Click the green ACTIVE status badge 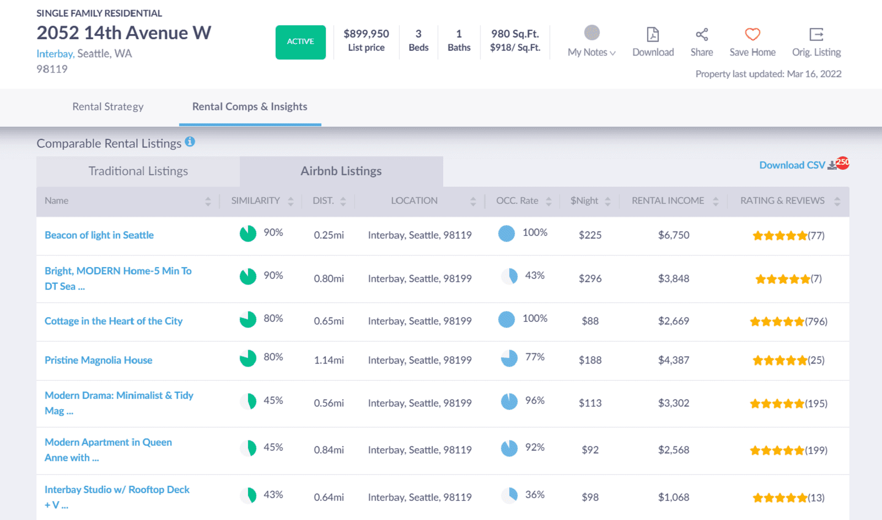tap(300, 42)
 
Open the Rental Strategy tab tap(108, 107)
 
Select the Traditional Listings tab tap(138, 171)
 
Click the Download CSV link tap(792, 165)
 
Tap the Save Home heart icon tap(752, 35)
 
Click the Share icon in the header tap(702, 35)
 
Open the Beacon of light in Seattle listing tap(99, 235)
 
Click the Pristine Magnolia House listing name tap(99, 360)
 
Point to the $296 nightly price tap(590, 279)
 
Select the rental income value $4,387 tap(674, 360)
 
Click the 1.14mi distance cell tap(329, 360)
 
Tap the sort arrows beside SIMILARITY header tap(291, 202)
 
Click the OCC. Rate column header tap(517, 201)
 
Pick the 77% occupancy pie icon tap(509, 359)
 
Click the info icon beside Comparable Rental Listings tap(190, 142)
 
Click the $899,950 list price tap(366, 34)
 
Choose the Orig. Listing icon tap(816, 35)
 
